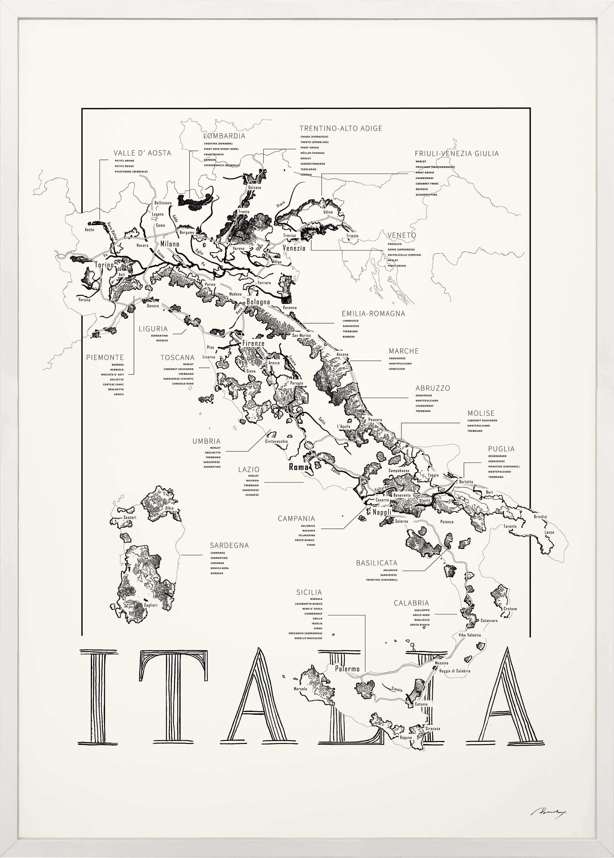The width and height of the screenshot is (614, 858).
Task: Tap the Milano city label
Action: (170, 244)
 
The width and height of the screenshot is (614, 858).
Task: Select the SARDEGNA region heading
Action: (229, 545)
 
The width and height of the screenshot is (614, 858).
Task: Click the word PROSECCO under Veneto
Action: (394, 244)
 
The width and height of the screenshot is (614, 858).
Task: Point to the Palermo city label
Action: (347, 669)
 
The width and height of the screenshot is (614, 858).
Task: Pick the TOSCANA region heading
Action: (177, 357)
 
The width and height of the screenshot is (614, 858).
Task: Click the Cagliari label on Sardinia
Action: (150, 605)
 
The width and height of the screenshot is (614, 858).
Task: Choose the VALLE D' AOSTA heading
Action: (142, 153)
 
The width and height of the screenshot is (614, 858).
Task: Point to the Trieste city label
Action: (352, 236)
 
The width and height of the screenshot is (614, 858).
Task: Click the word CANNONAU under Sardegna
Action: (218, 553)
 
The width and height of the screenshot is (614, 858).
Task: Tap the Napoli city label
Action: (382, 512)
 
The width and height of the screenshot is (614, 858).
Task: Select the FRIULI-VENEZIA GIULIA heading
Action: (456, 154)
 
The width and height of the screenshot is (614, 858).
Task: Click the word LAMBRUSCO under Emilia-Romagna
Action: (351, 321)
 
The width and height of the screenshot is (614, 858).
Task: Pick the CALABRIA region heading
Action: (411, 603)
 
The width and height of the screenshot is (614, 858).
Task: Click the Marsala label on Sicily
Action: (300, 689)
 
